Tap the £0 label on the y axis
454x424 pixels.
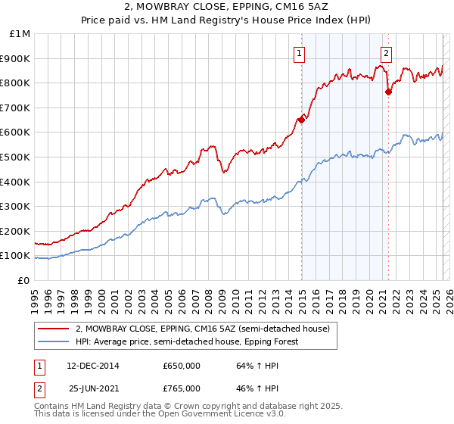[23, 280]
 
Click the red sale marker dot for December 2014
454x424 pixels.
[301, 119]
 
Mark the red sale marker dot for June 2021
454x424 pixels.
[388, 92]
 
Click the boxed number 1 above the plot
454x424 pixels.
[300, 53]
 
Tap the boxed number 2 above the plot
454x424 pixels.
[387, 53]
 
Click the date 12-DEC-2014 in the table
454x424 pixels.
[92, 366]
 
